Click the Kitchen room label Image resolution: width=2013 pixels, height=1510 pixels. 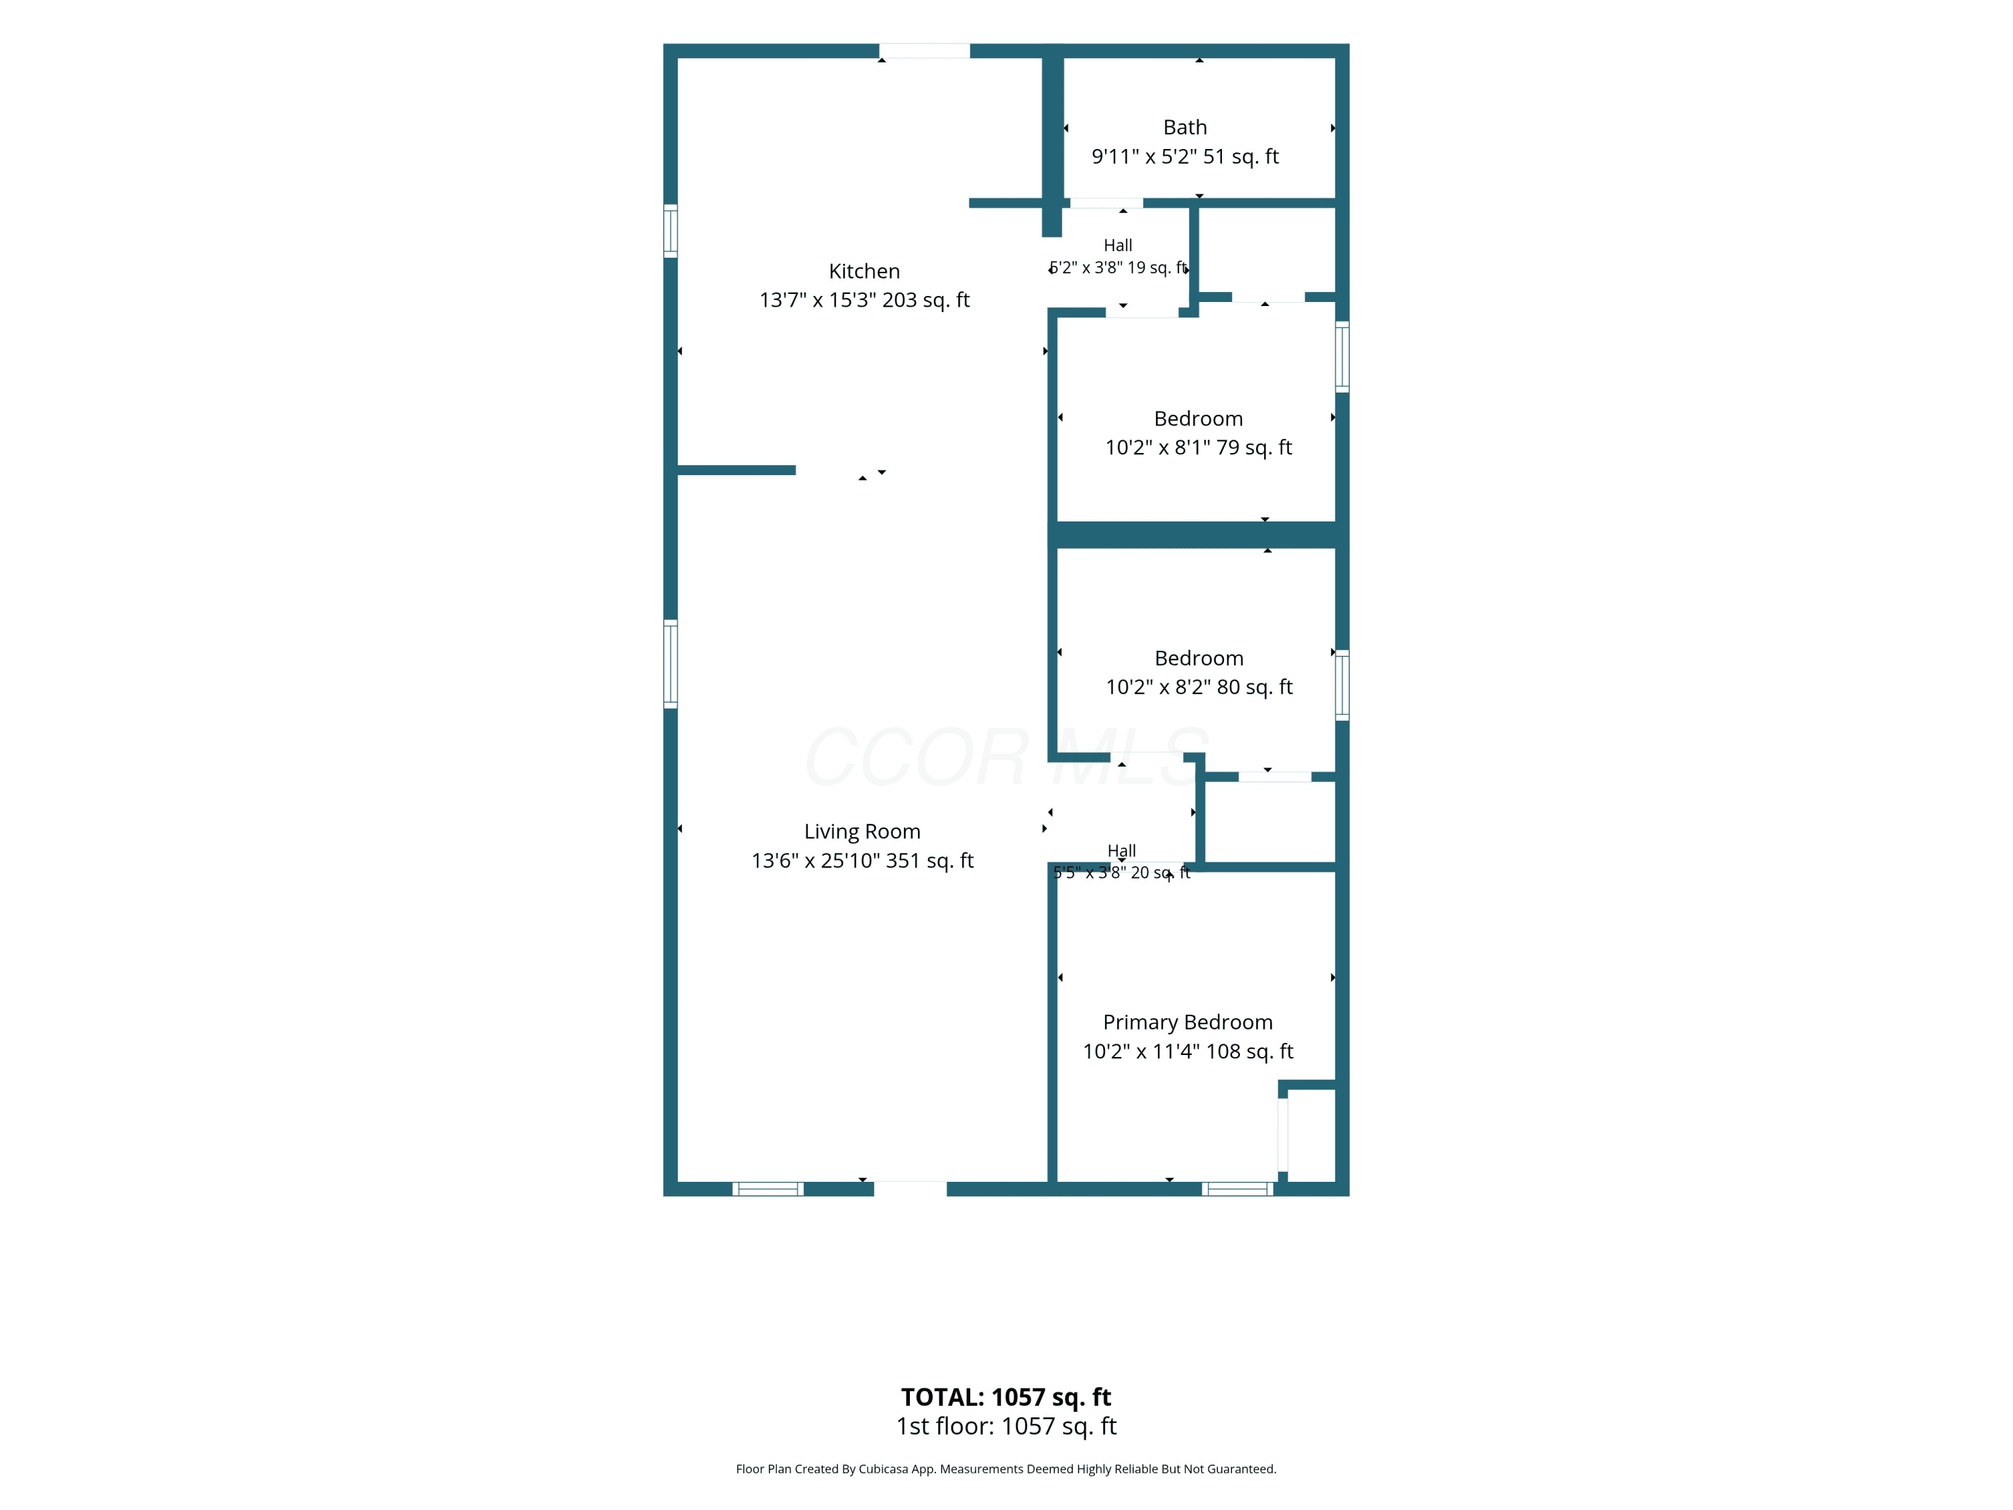864,271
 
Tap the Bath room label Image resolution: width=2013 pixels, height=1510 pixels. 1185,128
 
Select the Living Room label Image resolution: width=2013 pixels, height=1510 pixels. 862,832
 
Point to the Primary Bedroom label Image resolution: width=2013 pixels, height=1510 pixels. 1188,1023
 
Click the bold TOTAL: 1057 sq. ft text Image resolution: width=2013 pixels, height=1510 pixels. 1006,1397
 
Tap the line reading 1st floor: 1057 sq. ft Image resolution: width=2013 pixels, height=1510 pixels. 1006,1426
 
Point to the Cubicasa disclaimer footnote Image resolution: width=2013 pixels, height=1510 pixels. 1006,1469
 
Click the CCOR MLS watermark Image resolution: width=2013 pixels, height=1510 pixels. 1006,756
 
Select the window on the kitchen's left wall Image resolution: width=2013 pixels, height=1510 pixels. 671,231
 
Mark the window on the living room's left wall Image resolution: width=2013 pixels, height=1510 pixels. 671,664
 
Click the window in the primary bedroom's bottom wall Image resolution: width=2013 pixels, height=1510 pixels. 1237,1189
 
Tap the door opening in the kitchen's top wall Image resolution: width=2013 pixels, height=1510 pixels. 924,51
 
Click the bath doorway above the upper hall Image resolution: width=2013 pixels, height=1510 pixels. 1106,203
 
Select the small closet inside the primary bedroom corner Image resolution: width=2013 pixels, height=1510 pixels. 1311,1135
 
